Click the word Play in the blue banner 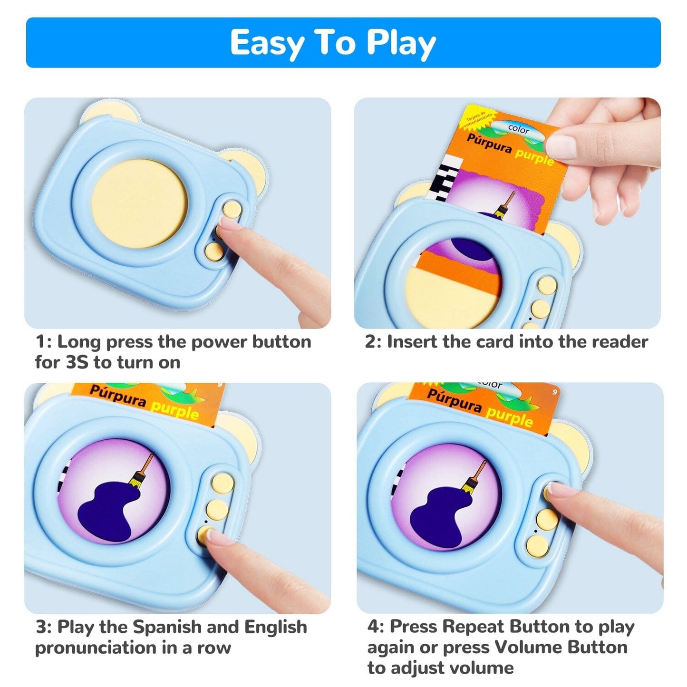point(401,43)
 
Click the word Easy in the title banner point(267,43)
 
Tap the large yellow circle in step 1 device point(139,203)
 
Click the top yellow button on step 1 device point(232,209)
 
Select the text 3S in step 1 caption point(77,363)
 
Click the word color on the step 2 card point(518,128)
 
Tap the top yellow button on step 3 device point(223,483)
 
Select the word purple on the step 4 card point(509,416)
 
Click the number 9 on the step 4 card point(554,392)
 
